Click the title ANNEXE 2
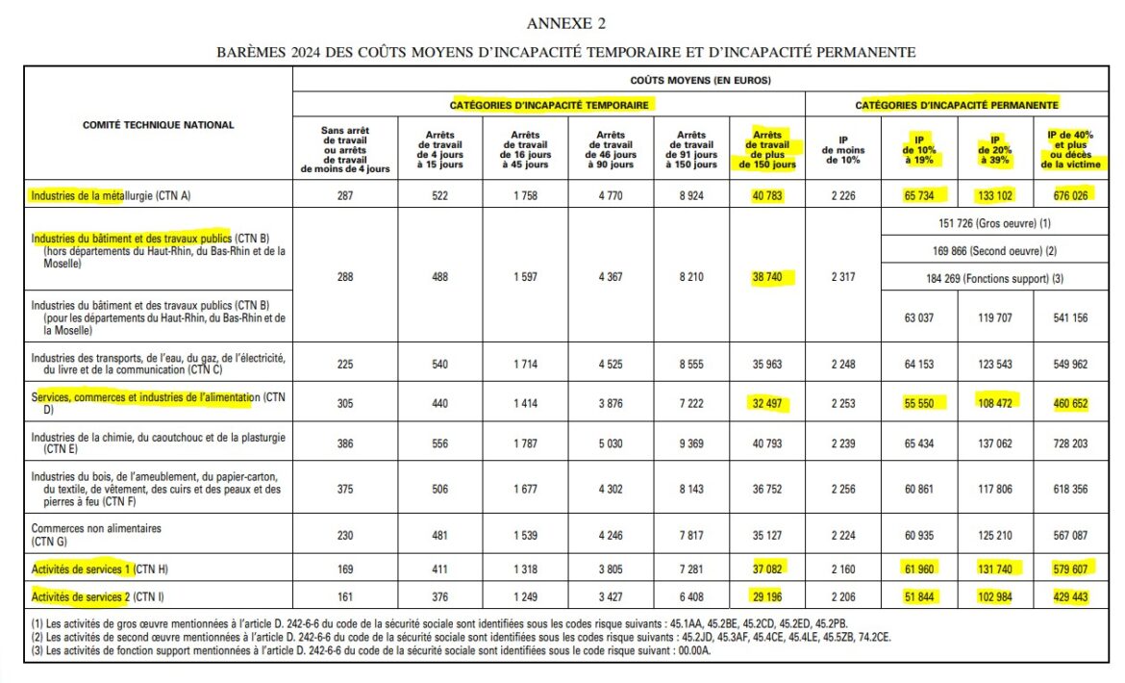566,23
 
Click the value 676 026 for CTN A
1069,196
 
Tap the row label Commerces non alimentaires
96,529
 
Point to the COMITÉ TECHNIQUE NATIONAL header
159,125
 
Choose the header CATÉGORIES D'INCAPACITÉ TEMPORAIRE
548,104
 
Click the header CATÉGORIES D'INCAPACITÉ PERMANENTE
957,104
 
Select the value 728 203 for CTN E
1069,444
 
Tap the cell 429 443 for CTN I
1069,597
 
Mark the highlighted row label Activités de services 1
83,569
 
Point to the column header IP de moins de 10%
842,150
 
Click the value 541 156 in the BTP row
1069,317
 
